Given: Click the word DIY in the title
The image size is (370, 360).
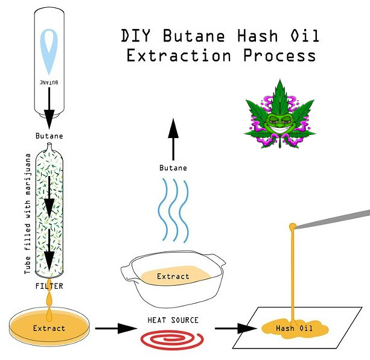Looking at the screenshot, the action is click(135, 36).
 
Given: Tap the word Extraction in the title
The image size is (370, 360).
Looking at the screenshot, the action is click(179, 55).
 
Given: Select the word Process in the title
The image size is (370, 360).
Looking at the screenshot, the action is click(279, 55).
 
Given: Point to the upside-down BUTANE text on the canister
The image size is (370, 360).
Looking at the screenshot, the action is click(49, 83).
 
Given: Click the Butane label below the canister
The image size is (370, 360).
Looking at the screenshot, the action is click(49, 136).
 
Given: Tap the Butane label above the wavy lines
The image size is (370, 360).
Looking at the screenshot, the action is click(173, 168).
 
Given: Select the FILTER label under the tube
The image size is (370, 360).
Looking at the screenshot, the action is click(49, 286).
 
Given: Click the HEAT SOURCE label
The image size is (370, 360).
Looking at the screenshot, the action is click(173, 320).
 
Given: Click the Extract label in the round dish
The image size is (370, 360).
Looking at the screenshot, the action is click(49, 329).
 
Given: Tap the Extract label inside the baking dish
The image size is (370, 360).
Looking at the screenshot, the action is click(173, 276).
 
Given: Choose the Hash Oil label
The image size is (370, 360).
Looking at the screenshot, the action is click(295, 328).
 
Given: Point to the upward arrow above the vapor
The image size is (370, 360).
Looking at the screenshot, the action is click(173, 139).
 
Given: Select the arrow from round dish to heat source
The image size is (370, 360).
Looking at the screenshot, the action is click(116, 329).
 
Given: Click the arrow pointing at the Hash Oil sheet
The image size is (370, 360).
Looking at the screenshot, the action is click(236, 329).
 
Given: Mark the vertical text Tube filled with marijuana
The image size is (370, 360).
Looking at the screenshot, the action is click(28, 213).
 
